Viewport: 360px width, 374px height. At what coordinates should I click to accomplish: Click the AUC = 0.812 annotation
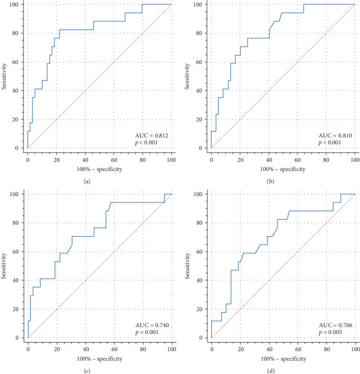click(x=151, y=136)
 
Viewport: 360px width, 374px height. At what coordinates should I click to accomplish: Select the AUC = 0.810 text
click(x=335, y=136)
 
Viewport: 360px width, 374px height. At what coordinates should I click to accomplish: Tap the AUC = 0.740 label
click(x=152, y=325)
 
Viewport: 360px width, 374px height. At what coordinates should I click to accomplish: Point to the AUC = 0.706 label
click(x=335, y=325)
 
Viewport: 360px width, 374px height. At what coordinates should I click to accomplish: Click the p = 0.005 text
click(x=330, y=332)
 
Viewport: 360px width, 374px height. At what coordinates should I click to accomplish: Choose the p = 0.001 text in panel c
click(x=147, y=332)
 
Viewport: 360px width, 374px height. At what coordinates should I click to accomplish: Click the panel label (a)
click(x=87, y=181)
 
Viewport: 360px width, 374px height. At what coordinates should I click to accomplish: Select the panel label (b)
click(x=271, y=181)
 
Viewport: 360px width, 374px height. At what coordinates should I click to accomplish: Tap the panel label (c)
click(x=87, y=371)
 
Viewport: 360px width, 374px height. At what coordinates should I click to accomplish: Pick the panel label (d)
click(x=271, y=371)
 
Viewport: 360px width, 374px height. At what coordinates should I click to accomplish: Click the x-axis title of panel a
click(x=99, y=169)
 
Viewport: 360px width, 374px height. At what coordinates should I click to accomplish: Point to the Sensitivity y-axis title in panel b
click(x=187, y=76)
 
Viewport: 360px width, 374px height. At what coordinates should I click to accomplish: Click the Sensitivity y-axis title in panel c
click(x=3, y=266)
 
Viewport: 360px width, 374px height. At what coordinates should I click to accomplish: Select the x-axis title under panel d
click(x=283, y=359)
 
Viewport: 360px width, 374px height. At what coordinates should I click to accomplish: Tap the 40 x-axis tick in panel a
click(x=85, y=160)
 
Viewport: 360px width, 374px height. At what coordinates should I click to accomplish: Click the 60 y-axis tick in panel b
click(x=199, y=62)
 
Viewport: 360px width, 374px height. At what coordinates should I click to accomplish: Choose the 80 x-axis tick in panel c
click(x=143, y=349)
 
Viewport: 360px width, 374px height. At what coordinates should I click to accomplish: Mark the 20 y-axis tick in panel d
click(x=199, y=309)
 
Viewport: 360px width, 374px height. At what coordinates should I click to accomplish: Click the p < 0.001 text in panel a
click(x=146, y=143)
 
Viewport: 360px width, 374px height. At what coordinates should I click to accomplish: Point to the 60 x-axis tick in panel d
click(x=298, y=349)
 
